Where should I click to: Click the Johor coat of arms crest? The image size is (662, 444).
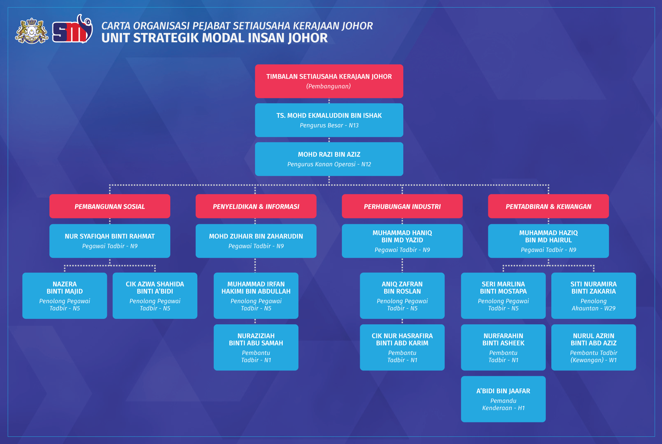pyautogui.click(x=32, y=31)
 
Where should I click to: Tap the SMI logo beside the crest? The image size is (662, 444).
pyautogui.click(x=72, y=29)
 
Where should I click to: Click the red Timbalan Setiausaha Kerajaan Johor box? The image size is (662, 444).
pyautogui.click(x=329, y=81)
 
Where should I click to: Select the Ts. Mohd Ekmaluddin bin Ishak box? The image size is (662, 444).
pyautogui.click(x=329, y=120)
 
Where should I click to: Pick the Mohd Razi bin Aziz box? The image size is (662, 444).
pyautogui.click(x=329, y=159)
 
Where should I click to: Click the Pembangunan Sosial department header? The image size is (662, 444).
pyautogui.click(x=110, y=206)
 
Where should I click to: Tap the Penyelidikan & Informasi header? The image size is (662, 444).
pyautogui.click(x=256, y=206)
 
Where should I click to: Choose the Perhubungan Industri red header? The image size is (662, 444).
pyautogui.click(x=402, y=206)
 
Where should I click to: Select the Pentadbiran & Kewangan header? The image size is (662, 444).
pyautogui.click(x=549, y=206)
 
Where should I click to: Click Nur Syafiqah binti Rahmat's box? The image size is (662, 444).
pyautogui.click(x=110, y=241)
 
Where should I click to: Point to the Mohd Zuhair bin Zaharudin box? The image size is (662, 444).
pyautogui.click(x=256, y=241)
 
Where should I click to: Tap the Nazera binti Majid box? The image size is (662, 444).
pyautogui.click(x=65, y=296)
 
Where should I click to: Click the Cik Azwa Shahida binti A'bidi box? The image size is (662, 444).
pyautogui.click(x=155, y=296)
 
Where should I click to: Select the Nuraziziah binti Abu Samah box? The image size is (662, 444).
pyautogui.click(x=256, y=347)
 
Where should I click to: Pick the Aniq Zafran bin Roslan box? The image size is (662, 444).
pyautogui.click(x=402, y=296)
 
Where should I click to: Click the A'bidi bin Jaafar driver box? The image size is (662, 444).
pyautogui.click(x=503, y=399)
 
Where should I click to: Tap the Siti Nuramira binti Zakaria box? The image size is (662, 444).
pyautogui.click(x=593, y=296)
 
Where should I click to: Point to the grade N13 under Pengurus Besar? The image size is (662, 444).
pyautogui.click(x=354, y=125)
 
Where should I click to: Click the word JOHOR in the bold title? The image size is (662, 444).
pyautogui.click(x=308, y=38)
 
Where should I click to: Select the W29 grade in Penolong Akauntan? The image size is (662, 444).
pyautogui.click(x=610, y=308)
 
